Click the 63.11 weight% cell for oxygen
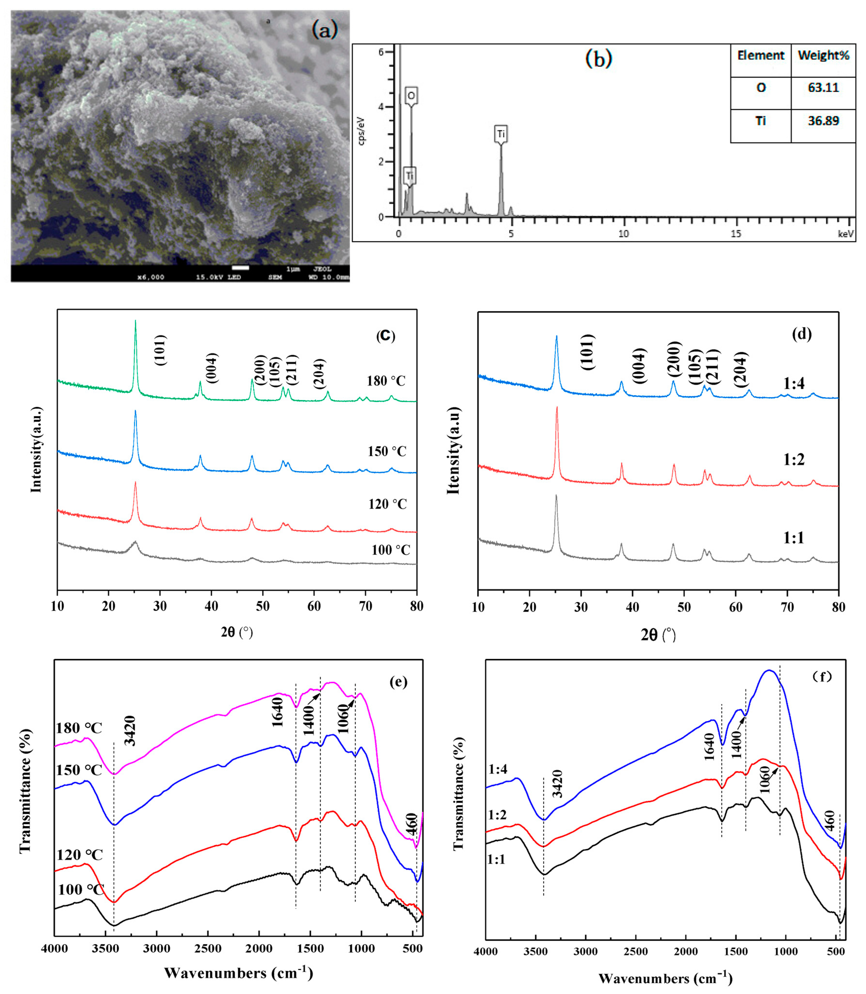(823, 88)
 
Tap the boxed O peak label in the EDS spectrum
(411, 96)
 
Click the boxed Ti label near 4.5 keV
(501, 134)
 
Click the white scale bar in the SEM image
(240, 267)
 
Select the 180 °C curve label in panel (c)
(386, 381)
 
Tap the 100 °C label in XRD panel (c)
(390, 550)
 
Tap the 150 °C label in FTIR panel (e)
(79, 770)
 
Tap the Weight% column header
(823, 56)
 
